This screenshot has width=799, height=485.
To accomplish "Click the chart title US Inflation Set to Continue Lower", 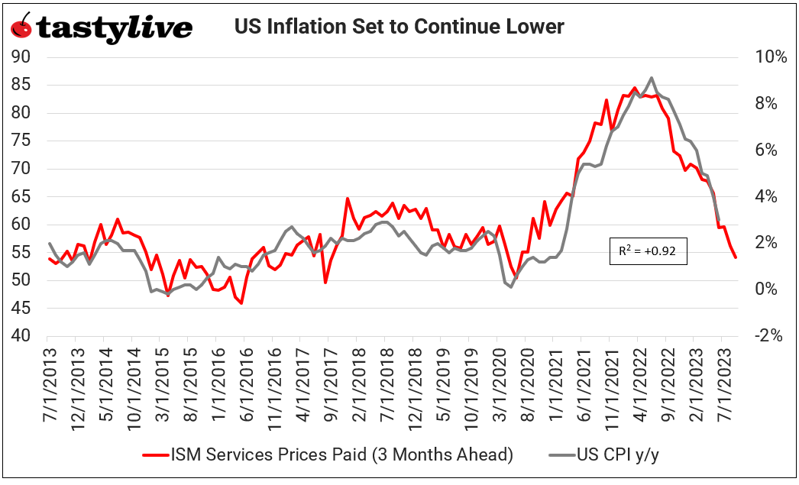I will pos(399,27).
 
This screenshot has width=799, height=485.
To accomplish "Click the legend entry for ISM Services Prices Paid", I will pos(328,454).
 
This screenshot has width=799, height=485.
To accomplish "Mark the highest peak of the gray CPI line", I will pos(651,77).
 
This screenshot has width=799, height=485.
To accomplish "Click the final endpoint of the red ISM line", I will pos(736,257).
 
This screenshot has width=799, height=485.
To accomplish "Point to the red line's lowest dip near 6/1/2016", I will pos(241,303).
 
